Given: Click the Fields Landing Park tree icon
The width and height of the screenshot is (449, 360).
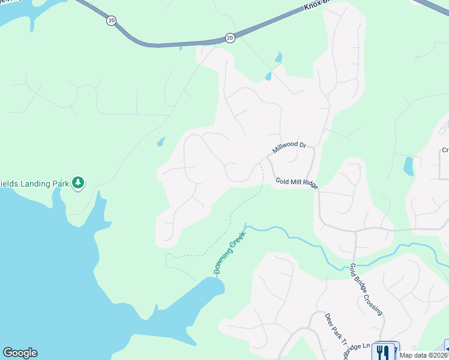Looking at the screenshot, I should pos(77,182).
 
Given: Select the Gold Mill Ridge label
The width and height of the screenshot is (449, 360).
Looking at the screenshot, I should pos(297,183).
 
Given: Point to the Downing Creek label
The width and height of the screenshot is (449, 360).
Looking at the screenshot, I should pos(230,253).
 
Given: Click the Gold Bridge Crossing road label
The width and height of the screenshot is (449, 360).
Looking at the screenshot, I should pos(365,289).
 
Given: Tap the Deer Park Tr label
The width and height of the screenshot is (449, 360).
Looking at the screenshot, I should pos(336,329).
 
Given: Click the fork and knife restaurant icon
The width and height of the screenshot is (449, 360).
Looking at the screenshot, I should pos(382,351).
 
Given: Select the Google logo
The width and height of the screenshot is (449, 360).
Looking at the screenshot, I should pos(20,353).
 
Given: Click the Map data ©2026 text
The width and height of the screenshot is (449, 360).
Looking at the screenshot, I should pos(423,355).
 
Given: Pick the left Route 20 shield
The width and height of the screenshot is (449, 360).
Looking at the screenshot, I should pos(111,20).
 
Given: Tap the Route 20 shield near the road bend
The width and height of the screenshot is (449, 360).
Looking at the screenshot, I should pos(230,37).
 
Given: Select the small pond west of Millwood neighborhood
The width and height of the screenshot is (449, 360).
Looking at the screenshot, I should pos(160,142).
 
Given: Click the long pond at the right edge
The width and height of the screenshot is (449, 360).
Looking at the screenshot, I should pos(408,166).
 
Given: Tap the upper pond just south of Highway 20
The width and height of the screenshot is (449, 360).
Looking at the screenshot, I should pos(278,58).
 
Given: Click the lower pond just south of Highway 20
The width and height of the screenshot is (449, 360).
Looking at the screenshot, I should pos(268,77).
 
